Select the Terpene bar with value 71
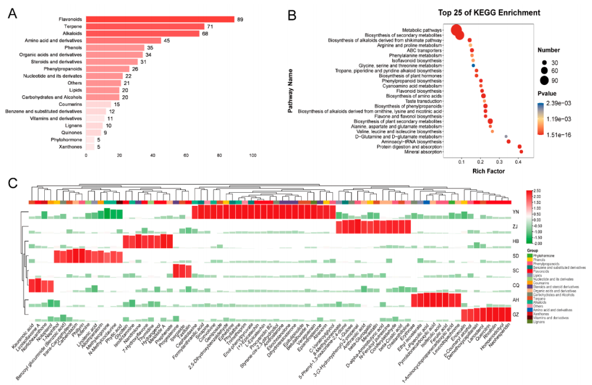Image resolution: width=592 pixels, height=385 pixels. (x=145, y=27)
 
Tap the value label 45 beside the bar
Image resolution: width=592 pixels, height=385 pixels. (x=167, y=41)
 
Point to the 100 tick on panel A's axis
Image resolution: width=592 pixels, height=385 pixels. (x=254, y=156)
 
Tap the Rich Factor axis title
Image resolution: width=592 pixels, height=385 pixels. (x=487, y=171)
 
